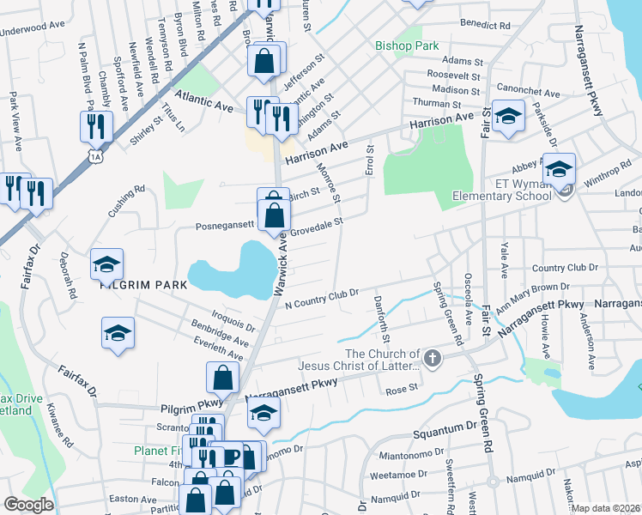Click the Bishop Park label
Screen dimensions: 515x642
pyautogui.click(x=407, y=45)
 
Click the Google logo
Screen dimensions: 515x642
pyautogui.click(x=28, y=505)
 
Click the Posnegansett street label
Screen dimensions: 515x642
pyautogui.click(x=226, y=225)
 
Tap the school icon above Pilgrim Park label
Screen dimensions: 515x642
pyautogui.click(x=107, y=264)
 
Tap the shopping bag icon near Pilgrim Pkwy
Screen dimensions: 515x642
pyautogui.click(x=222, y=376)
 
